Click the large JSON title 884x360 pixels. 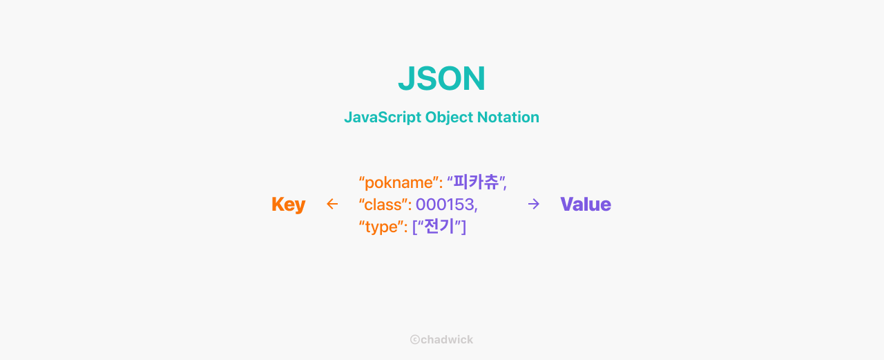(441, 79)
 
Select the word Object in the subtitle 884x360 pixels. (448, 117)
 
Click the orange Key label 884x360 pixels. (288, 205)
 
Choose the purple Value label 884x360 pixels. (586, 205)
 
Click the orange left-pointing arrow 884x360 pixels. (332, 204)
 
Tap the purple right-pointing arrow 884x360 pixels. (533, 204)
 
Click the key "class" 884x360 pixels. (383, 205)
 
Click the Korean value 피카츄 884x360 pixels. (477, 182)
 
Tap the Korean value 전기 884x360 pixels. (439, 227)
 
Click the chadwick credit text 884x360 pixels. (446, 340)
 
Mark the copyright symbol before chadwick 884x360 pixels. (414, 340)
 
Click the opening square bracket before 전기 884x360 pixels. (414, 227)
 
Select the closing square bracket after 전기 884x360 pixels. (464, 227)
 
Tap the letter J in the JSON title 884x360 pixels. (406, 79)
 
